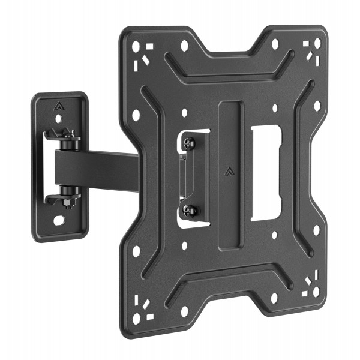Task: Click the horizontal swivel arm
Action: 96,168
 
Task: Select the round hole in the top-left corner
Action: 134,43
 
